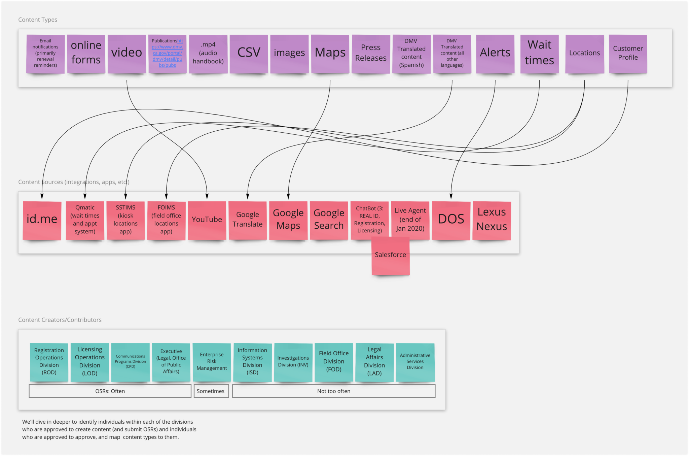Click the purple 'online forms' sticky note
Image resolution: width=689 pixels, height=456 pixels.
(86, 53)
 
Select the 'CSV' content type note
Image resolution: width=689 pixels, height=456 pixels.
(249, 53)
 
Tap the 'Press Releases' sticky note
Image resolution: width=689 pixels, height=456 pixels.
(371, 53)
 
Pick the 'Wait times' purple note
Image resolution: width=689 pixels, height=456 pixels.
(539, 53)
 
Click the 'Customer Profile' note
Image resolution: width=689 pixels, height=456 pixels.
(628, 53)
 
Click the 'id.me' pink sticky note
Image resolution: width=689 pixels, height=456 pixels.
(42, 220)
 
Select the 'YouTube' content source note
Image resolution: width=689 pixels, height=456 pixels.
(207, 220)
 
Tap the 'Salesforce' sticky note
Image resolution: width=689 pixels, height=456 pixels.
(390, 255)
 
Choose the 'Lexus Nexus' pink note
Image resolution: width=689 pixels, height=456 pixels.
(492, 220)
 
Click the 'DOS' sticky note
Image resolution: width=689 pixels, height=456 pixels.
(451, 220)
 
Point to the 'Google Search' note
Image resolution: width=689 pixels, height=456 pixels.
(329, 220)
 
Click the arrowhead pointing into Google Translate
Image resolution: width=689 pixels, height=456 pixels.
(248, 196)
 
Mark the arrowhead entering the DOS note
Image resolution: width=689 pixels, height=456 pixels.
(451, 196)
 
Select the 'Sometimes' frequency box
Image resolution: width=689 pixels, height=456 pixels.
(211, 391)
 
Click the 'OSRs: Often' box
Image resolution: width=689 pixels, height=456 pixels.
(110, 391)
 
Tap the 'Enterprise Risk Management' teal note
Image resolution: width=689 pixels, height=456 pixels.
(212, 362)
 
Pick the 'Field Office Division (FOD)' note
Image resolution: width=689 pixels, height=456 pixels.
(334, 362)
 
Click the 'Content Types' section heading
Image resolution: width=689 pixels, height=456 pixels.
(38, 20)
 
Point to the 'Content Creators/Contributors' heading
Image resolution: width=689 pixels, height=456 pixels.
(60, 320)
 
